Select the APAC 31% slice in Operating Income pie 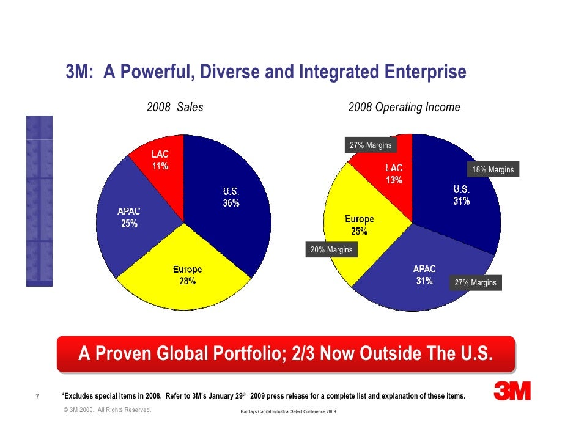pos(422,278)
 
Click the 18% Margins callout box pos(492,169)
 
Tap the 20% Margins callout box pos(331,250)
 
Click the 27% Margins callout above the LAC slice pos(371,145)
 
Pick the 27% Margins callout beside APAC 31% pos(475,283)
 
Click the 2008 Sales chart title pos(175,108)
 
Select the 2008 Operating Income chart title pos(404,108)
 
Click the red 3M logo pos(512,391)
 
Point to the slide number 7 pos(38,396)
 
